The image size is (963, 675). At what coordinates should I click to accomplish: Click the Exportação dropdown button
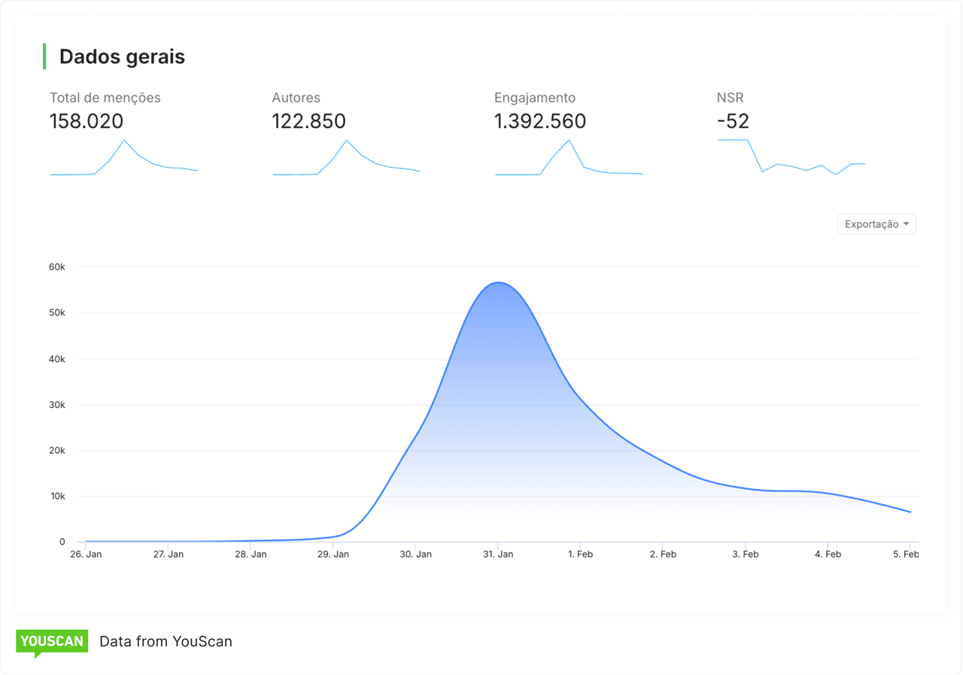[x=876, y=224]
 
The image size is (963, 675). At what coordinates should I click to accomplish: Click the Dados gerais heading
[x=122, y=57]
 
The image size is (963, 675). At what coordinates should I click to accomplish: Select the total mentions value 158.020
[x=87, y=121]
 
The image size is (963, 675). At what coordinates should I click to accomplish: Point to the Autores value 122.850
[x=308, y=121]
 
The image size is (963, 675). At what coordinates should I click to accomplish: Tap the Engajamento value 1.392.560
[x=539, y=121]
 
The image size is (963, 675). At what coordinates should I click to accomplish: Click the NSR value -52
[x=733, y=121]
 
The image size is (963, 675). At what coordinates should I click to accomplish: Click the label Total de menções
[x=105, y=98]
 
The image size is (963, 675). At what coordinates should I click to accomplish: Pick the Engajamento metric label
[x=534, y=98]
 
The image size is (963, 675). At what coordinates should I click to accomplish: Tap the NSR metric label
[x=730, y=98]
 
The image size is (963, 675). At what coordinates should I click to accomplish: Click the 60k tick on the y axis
[x=57, y=267]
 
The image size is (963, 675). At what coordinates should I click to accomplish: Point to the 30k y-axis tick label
[x=57, y=405]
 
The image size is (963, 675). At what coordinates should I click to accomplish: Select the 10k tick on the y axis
[x=57, y=497]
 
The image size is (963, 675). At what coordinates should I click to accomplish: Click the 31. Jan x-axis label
[x=498, y=555]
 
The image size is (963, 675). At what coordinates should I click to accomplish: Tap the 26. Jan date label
[x=86, y=555]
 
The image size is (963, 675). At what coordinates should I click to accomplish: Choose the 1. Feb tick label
[x=580, y=555]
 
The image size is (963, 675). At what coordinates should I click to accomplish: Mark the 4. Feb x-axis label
[x=828, y=555]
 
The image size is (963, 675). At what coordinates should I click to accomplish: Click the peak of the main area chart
[x=498, y=283]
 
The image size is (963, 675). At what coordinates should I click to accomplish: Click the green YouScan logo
[x=52, y=642]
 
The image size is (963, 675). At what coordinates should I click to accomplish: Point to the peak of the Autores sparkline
[x=347, y=140]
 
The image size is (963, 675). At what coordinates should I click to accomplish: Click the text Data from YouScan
[x=166, y=642]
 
